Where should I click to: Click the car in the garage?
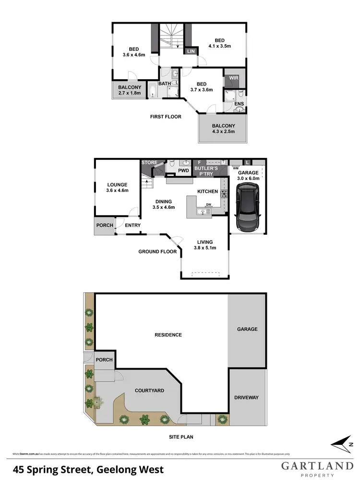[247, 209]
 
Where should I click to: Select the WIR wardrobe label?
[234, 78]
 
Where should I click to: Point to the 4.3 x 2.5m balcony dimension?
[222, 133]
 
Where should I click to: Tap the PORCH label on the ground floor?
[105, 225]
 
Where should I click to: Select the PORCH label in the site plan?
[104, 360]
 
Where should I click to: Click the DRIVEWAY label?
[247, 397]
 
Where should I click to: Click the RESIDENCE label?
[168, 335]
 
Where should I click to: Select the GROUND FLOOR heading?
[157, 252]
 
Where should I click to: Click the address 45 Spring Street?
[88, 469]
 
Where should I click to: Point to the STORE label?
[149, 163]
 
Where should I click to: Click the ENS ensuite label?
[239, 103]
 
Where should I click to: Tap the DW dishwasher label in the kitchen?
[208, 204]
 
